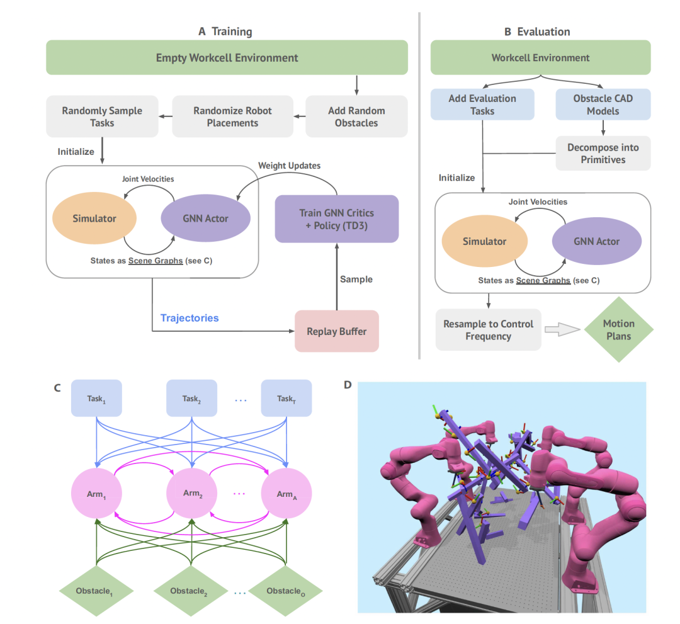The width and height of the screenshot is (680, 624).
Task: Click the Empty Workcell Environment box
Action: pos(227,58)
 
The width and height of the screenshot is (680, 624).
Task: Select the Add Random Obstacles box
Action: pos(356,116)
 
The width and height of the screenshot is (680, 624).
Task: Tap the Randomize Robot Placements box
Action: pos(232,116)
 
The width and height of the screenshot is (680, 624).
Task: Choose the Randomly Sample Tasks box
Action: pos(102,116)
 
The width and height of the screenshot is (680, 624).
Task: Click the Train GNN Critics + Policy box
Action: pos(337,218)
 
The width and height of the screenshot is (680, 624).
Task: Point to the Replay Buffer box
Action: pos(336,331)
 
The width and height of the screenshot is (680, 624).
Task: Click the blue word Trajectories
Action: pos(190,318)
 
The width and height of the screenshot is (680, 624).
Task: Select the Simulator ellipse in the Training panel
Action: pos(94,218)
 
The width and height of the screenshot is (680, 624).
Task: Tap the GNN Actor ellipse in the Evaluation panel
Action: pos(596,242)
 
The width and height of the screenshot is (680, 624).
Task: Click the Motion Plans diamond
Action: pos(619,329)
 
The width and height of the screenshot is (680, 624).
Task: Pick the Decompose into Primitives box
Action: pos(603,153)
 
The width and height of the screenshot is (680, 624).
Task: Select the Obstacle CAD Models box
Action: pos(603,105)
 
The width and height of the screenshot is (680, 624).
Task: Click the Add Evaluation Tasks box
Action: pos(482,105)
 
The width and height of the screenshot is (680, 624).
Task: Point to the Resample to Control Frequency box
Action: pos(488,330)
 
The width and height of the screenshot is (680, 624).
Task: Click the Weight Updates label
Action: pos(289,166)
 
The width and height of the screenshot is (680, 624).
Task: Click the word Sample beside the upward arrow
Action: pos(356,278)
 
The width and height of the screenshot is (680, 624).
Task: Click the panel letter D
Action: pos(348,384)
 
